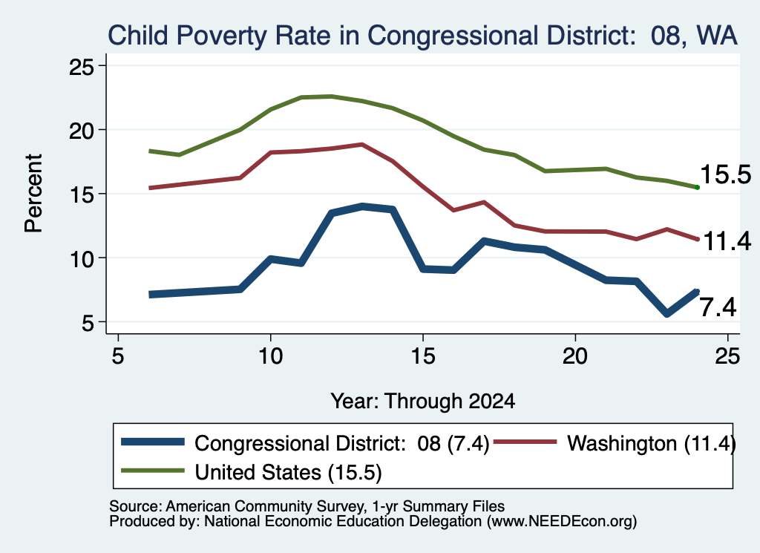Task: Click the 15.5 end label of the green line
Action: click(726, 174)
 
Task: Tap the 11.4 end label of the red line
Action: click(727, 241)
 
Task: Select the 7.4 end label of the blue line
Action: click(718, 307)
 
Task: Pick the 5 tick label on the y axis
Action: click(88, 322)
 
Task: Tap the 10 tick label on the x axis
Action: click(270, 356)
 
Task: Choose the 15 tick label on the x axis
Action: click(422, 356)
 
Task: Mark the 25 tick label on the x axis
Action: click(727, 356)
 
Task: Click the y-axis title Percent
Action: click(33, 194)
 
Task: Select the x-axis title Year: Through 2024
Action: click(422, 402)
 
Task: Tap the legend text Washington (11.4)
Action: click(652, 443)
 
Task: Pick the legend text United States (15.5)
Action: click(289, 472)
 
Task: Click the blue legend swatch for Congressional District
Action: click(153, 442)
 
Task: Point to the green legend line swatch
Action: click(153, 471)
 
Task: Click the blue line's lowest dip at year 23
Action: click(667, 314)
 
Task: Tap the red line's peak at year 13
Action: click(362, 145)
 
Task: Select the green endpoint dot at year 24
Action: click(697, 187)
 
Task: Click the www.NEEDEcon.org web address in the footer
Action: click(562, 521)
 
